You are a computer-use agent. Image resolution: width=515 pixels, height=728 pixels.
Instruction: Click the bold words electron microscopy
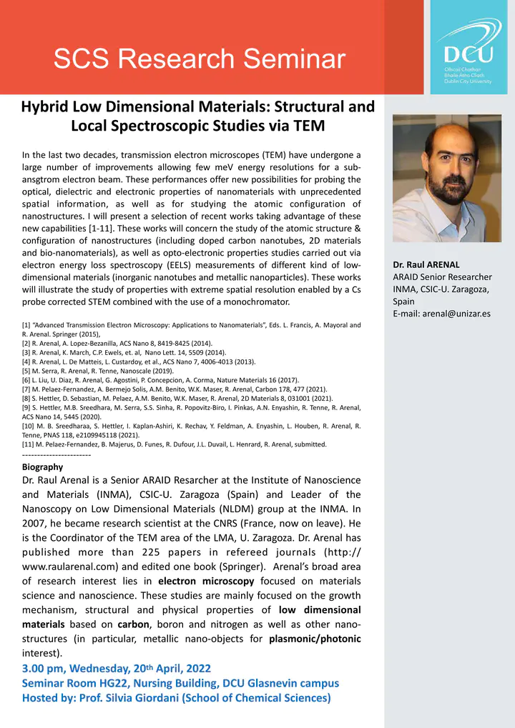coord(206,581)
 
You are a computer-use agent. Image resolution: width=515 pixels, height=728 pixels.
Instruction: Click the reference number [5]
coord(29,371)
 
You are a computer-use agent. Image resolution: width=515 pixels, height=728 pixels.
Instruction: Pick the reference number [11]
coord(31,444)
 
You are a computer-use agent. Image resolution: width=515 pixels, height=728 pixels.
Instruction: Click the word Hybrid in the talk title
coord(47,107)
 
